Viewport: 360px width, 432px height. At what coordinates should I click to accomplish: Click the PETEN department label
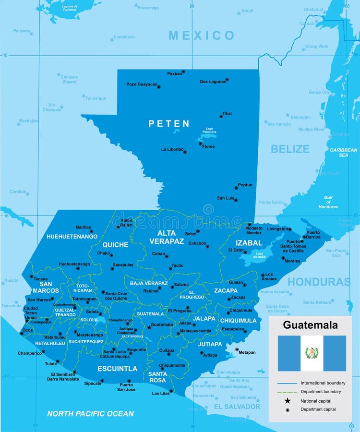[x=168, y=123]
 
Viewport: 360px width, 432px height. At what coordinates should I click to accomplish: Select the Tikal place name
[x=227, y=114]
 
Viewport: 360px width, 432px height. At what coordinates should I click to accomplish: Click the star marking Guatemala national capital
[x=149, y=327]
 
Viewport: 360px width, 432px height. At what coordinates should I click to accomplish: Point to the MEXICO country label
[x=202, y=36]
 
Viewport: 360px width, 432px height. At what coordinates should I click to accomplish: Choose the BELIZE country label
[x=290, y=149]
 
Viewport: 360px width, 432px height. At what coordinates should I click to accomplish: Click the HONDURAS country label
[x=319, y=282]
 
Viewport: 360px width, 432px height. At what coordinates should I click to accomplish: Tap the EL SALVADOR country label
[x=237, y=407]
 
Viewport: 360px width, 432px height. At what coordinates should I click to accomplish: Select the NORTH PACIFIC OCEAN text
[x=90, y=413]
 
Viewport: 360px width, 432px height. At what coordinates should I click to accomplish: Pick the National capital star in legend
[x=287, y=401]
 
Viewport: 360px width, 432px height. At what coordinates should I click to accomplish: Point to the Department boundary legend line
[x=287, y=392]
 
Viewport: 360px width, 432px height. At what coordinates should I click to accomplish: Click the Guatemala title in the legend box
[x=310, y=325]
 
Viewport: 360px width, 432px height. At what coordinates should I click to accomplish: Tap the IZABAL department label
[x=249, y=243]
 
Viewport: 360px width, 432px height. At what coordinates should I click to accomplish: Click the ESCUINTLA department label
[x=118, y=369]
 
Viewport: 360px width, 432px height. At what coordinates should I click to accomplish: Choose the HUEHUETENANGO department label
[x=72, y=237]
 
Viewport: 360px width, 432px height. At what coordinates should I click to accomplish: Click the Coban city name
[x=158, y=254]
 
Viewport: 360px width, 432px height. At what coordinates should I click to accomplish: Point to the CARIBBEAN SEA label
[x=343, y=152]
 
